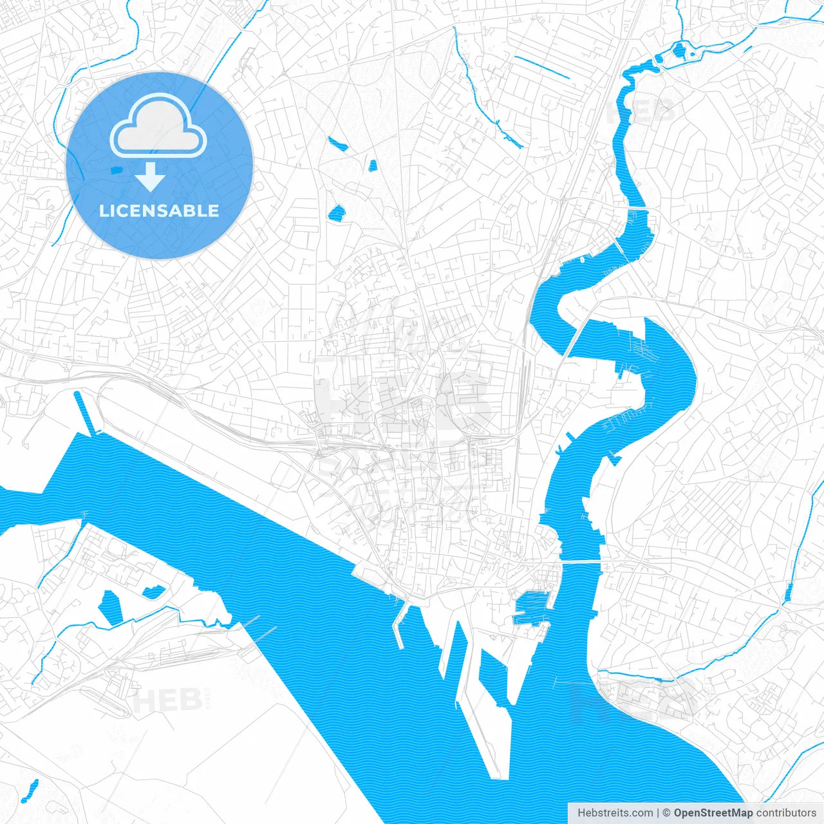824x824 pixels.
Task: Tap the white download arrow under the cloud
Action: click(x=150, y=176)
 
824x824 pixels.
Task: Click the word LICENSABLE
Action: click(x=159, y=211)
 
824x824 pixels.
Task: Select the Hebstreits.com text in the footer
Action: click(x=615, y=813)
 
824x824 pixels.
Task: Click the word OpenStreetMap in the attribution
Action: click(x=713, y=813)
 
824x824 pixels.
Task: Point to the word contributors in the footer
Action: click(x=786, y=813)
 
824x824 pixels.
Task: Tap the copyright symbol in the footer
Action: click(x=667, y=813)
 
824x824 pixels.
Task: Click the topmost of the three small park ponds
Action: click(x=337, y=143)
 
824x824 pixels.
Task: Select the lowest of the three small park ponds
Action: click(x=337, y=212)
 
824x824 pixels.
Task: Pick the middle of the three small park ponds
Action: click(x=372, y=165)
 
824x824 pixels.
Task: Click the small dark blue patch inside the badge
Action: click(x=116, y=169)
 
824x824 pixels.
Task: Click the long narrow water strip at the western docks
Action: click(x=86, y=412)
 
